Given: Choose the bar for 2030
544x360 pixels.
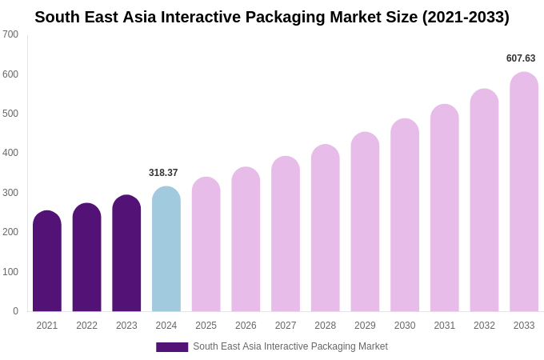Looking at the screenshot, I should coord(405,216).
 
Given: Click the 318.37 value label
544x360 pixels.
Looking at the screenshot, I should coord(163,173).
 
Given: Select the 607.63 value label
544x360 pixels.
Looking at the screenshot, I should coord(521,58).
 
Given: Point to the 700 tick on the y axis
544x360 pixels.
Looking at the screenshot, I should coord(10,34).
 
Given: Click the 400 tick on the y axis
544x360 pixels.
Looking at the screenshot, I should coord(10,153).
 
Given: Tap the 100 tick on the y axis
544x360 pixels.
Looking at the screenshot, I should coord(10,272).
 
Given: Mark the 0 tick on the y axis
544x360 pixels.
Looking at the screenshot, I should coord(15,311).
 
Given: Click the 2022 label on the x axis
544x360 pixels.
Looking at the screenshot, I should coord(86,326).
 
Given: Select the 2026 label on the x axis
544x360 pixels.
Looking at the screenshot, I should coord(246,326).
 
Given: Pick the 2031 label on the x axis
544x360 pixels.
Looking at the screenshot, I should coord(445,326).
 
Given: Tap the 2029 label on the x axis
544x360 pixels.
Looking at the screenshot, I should coord(365,326).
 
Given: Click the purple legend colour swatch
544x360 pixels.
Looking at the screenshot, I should coord(172,347).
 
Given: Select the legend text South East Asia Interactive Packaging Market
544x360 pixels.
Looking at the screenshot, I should coord(290,346).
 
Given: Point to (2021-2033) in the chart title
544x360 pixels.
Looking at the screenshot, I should coord(466,17).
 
